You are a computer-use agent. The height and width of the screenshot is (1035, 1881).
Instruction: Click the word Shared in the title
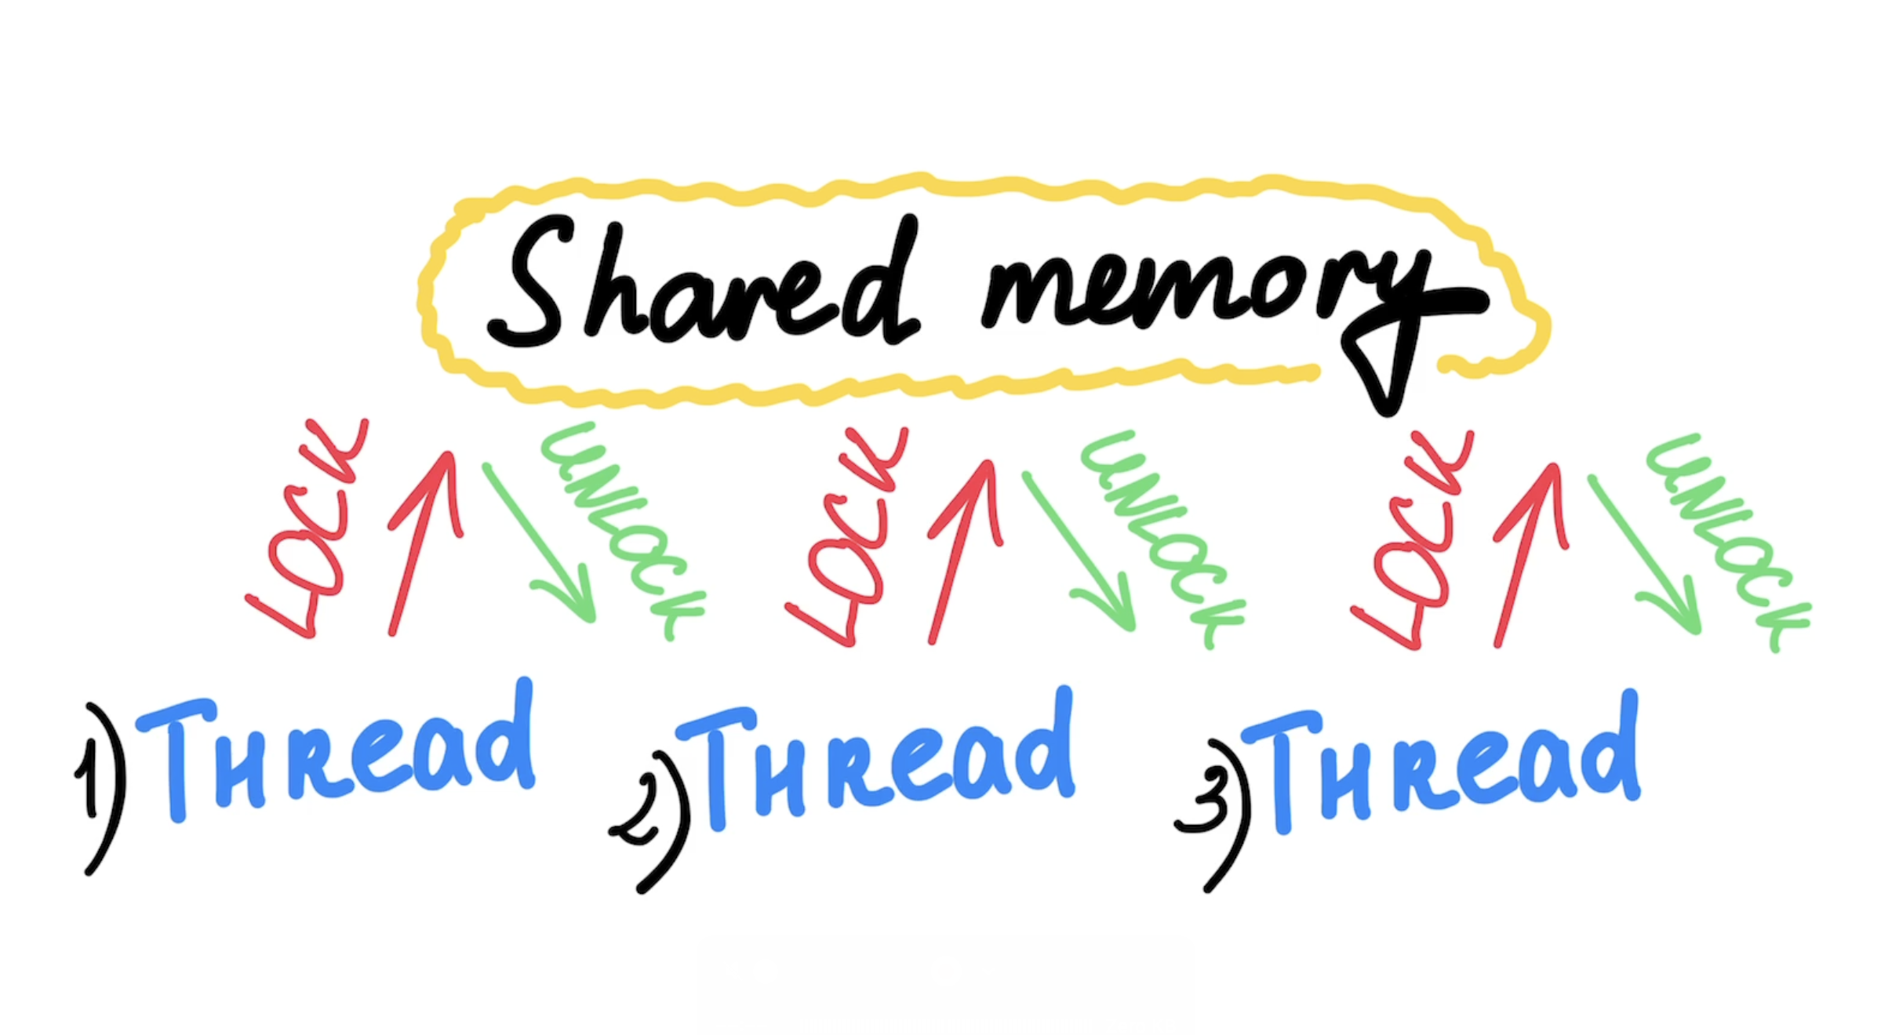[702, 286]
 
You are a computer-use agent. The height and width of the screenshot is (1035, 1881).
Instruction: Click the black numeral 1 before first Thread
[88, 776]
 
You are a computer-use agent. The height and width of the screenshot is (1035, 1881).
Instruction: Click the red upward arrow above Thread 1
[424, 541]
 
